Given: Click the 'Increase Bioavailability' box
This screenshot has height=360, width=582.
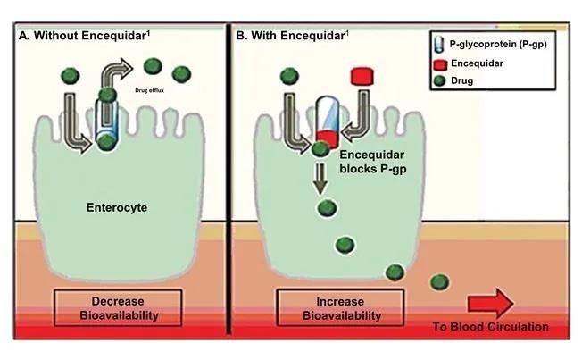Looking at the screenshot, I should pos(326,307).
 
